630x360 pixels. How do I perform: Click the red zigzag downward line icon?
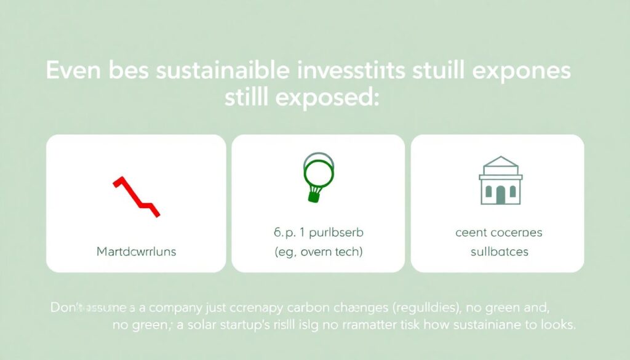(136, 196)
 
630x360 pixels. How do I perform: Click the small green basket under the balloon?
(315, 195)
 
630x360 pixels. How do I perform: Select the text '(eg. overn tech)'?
(317, 252)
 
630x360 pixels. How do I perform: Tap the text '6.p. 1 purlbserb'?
(318, 233)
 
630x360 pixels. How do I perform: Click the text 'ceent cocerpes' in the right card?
(499, 233)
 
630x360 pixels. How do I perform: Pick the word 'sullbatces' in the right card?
(499, 252)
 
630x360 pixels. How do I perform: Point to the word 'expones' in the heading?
(532, 71)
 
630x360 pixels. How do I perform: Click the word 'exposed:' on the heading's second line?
(335, 98)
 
